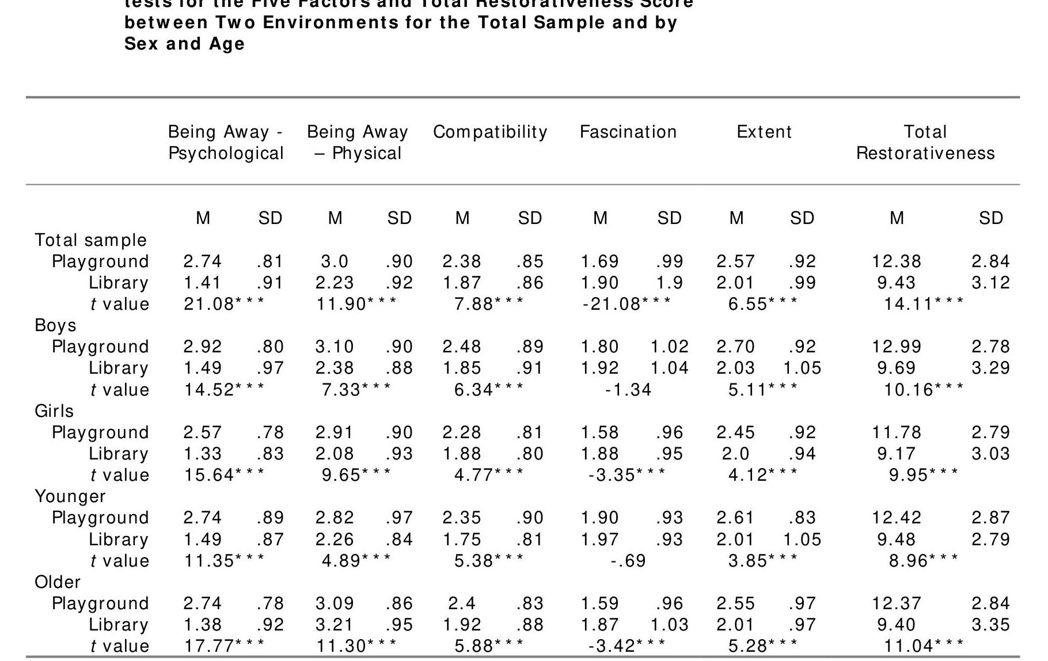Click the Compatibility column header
(x=490, y=132)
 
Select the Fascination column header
(x=628, y=132)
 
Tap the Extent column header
(x=764, y=132)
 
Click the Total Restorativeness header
(x=925, y=143)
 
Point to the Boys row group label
(x=55, y=325)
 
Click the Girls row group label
(x=54, y=411)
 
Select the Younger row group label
(x=70, y=496)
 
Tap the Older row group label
(x=58, y=582)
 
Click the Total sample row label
(x=90, y=240)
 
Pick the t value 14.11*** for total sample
(x=924, y=303)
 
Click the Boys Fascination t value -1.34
(x=628, y=390)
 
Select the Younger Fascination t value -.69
(x=628, y=561)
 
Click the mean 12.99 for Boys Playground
(x=897, y=347)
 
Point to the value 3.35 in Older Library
(x=990, y=625)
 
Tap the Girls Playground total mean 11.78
(x=897, y=432)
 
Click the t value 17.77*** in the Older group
(x=224, y=646)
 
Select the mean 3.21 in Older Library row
(x=335, y=625)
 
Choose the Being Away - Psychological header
(x=226, y=143)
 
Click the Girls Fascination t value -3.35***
(x=626, y=475)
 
